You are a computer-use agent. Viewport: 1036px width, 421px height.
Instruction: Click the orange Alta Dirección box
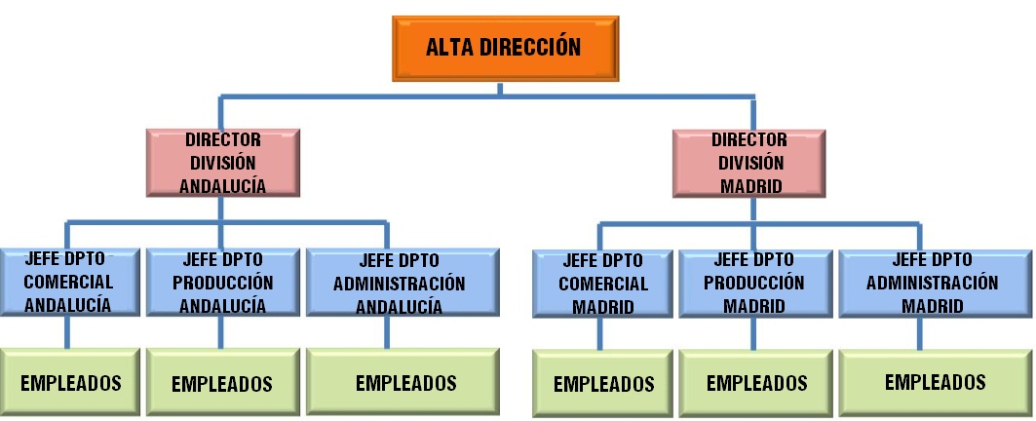[x=503, y=47]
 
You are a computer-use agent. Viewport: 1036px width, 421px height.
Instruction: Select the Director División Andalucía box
[x=223, y=162]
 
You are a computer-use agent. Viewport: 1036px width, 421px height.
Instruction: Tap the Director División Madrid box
[x=748, y=162]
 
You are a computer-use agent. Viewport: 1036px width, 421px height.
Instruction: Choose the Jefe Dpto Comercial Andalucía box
[x=68, y=283]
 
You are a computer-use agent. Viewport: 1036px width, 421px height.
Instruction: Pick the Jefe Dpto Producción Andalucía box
[x=222, y=283]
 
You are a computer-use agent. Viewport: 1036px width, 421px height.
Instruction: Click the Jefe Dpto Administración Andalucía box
[x=400, y=283]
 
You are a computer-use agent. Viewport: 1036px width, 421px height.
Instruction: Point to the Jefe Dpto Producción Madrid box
[x=755, y=283]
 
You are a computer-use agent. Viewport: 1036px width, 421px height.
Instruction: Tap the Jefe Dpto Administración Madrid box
[x=932, y=283]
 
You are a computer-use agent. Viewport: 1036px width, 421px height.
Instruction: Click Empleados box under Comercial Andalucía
[x=68, y=382]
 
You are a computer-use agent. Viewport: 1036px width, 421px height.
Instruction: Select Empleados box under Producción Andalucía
[x=222, y=383]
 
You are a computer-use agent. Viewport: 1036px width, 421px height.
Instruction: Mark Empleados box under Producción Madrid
[x=756, y=382]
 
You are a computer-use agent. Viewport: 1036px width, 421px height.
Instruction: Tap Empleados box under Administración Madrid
[x=934, y=381]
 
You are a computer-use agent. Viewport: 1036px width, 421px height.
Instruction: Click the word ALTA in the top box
[x=450, y=46]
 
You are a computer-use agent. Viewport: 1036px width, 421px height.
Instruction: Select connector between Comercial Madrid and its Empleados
[x=601, y=334]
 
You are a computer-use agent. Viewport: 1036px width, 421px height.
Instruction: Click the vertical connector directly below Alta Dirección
[x=501, y=88]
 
